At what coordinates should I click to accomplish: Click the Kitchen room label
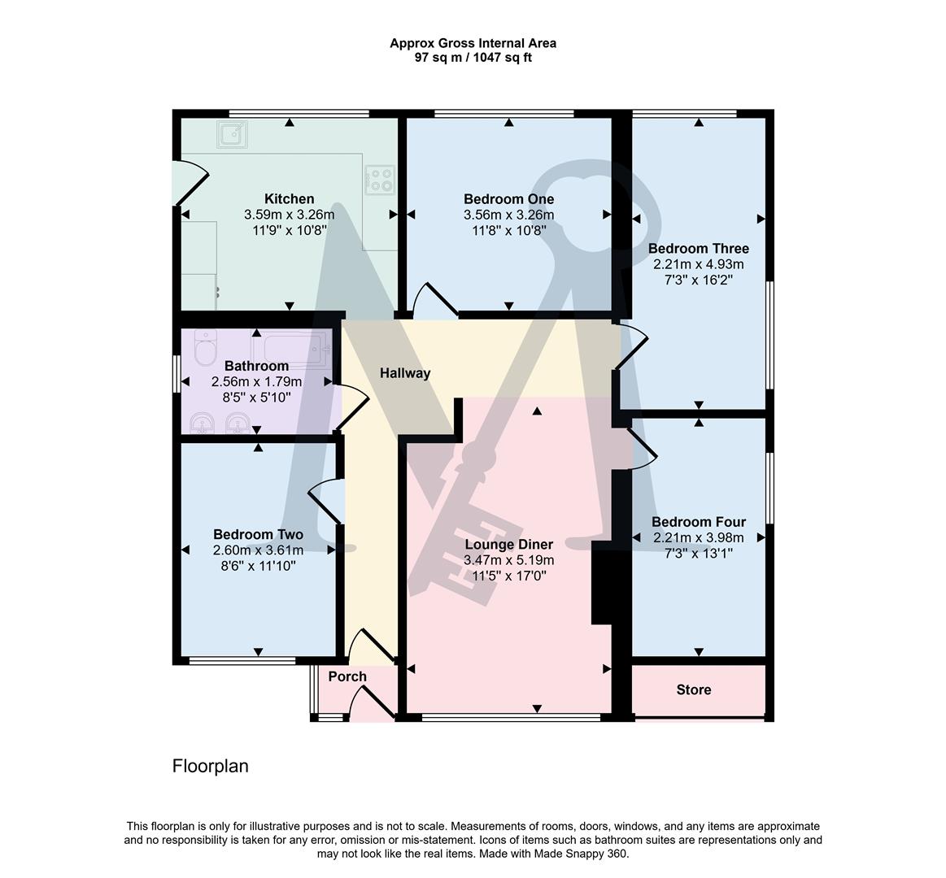point(289,199)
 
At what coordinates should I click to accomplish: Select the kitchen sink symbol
point(232,134)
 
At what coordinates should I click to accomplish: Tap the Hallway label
point(405,374)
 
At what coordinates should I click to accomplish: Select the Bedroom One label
point(508,199)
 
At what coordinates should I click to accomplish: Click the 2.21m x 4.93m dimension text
point(698,264)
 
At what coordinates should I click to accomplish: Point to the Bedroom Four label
point(698,522)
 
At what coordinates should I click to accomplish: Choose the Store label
point(694,690)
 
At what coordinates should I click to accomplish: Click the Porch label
point(347,676)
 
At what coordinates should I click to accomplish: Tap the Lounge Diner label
point(508,545)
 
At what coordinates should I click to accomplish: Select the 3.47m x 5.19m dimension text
point(508,560)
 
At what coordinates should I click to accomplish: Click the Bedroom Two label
point(258,534)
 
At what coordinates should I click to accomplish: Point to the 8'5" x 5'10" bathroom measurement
point(256,398)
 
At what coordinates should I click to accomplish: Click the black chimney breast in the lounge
point(602,582)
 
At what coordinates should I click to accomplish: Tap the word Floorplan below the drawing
point(211,766)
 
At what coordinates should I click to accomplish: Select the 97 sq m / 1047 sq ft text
point(473,58)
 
